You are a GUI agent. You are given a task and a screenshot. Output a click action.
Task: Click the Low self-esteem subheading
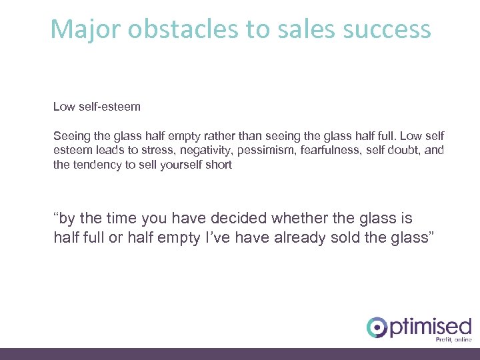pos(97,106)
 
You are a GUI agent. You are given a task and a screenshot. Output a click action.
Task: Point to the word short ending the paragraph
pos(219,165)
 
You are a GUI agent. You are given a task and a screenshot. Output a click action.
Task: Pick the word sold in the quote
pos(353,238)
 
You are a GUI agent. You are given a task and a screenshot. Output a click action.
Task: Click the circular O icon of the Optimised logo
pos(377,327)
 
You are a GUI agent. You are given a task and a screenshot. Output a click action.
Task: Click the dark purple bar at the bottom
pos(240,354)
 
